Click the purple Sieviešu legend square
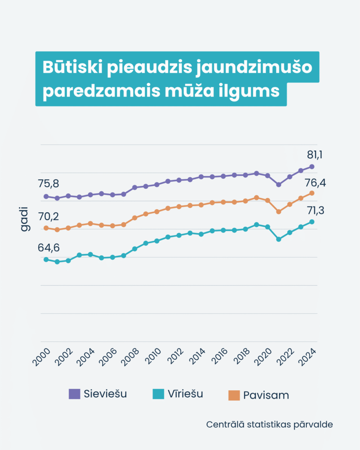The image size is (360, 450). pyautogui.click(x=74, y=394)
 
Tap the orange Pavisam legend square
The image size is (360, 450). pyautogui.click(x=234, y=395)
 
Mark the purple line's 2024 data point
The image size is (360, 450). pyautogui.click(x=312, y=167)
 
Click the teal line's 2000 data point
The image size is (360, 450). pyautogui.click(x=46, y=259)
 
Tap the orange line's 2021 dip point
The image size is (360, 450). pyautogui.click(x=279, y=211)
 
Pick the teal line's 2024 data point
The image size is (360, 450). pyautogui.click(x=312, y=221)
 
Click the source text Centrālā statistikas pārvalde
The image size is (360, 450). pyautogui.click(x=269, y=425)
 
